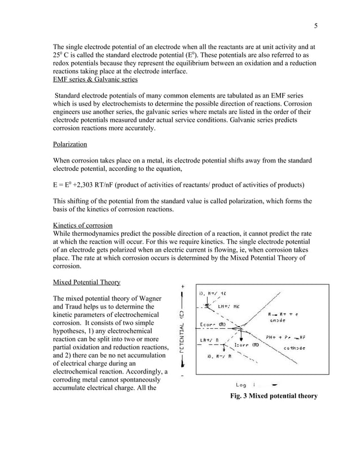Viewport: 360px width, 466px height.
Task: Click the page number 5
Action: click(316, 25)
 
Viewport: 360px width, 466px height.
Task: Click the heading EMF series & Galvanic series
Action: click(95, 80)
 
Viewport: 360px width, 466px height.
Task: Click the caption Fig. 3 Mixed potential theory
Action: click(274, 396)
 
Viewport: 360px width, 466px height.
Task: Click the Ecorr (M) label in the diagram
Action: click(213, 324)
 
